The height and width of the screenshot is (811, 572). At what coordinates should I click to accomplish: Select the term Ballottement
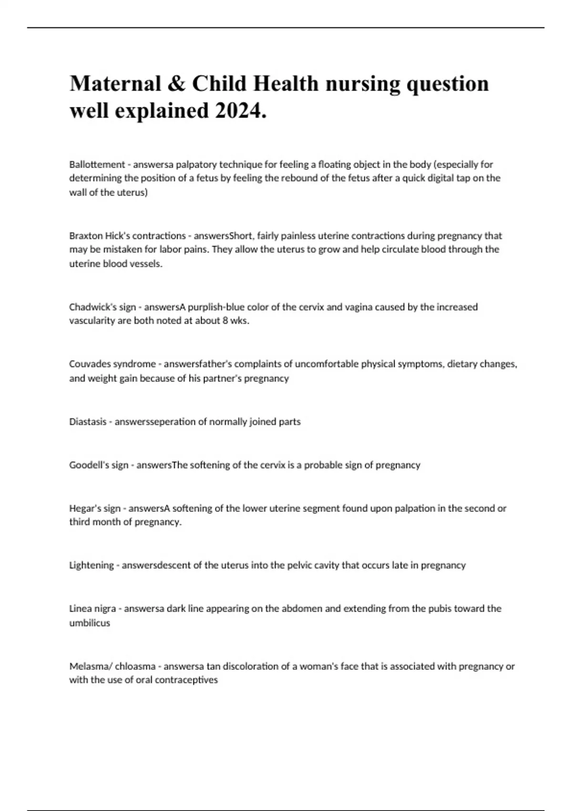[x=97, y=165]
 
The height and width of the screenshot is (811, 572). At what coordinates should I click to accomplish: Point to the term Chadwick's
[x=89, y=307]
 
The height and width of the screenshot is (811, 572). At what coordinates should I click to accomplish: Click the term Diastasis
[x=88, y=422]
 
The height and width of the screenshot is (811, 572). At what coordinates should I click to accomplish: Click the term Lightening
[x=91, y=565]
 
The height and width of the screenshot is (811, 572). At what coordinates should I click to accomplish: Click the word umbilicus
[x=90, y=623]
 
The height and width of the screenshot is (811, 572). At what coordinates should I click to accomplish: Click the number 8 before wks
[x=225, y=321]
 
